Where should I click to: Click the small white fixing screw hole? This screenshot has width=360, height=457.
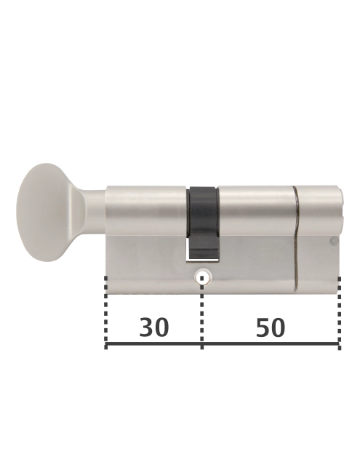202,277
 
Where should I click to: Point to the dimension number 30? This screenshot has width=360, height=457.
154,328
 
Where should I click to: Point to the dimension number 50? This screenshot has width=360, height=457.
271,328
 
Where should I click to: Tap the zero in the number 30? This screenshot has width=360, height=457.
162,328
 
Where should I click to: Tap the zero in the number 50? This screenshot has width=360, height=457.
279,328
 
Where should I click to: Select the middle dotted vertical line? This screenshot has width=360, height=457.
202,313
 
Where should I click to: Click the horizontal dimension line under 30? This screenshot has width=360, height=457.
154,345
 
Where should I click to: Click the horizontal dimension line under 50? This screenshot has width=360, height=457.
271,345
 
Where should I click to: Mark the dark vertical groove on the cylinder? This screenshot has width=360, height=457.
296,240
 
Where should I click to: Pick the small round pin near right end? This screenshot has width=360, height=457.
333,241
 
